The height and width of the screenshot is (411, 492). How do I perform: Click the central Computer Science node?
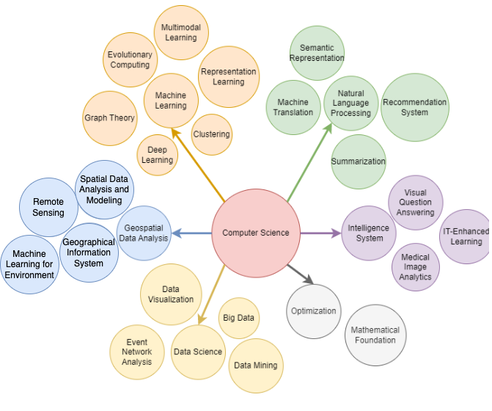pos(256,233)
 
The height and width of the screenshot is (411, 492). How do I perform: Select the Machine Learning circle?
pos(171,101)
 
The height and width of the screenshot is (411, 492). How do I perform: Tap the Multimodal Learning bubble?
pos(180,33)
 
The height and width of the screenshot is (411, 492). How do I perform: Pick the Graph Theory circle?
pos(110,118)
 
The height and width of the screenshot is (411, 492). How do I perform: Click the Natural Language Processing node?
pos(351,103)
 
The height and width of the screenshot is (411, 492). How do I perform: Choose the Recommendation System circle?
pos(415,107)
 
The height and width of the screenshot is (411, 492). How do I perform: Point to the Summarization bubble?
pos(358,161)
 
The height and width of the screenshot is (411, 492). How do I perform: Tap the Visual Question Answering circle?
pos(415,203)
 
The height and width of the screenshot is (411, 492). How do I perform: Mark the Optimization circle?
pos(313,310)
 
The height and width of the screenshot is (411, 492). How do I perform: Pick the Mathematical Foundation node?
pos(375,335)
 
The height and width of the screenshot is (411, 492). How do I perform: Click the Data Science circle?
pos(198,352)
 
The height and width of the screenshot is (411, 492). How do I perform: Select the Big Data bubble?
pos(239,318)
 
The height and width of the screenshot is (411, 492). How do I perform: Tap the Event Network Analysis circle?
pos(137,352)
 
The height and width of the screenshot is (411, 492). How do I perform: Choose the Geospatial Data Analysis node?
pos(144,233)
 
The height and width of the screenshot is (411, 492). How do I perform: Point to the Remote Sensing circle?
pos(48,207)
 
